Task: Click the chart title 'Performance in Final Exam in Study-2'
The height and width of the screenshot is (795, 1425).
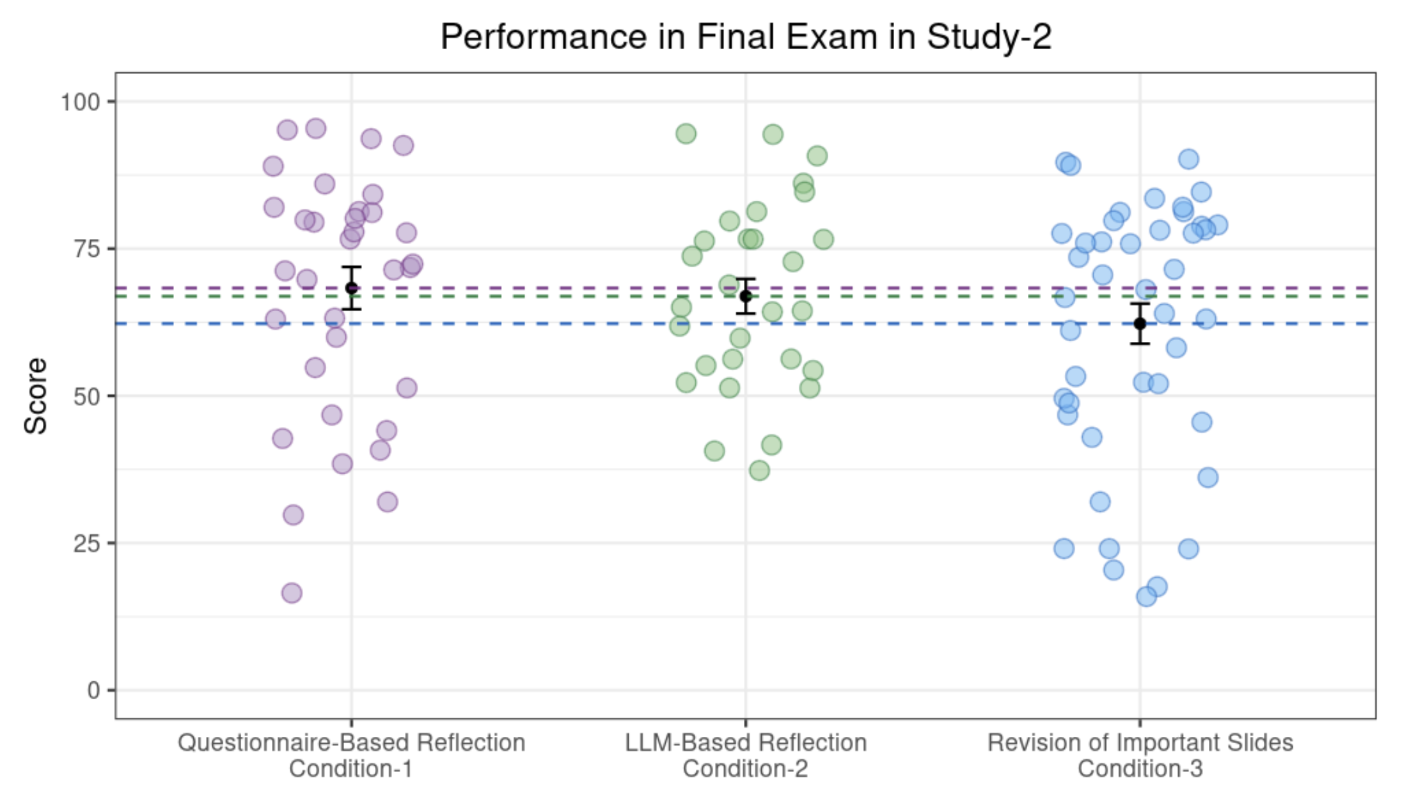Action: tap(746, 36)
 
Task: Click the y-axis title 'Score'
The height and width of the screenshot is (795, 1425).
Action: tap(36, 396)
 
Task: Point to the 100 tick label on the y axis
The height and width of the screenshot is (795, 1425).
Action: tap(80, 102)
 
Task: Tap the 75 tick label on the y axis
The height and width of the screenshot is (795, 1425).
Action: tap(87, 249)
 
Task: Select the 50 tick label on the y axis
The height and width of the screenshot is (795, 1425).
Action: tap(87, 396)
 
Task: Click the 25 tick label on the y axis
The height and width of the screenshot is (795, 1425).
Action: tap(87, 543)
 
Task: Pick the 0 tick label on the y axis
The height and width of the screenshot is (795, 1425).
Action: tap(93, 690)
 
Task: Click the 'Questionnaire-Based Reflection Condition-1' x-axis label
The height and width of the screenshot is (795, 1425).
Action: tap(351, 755)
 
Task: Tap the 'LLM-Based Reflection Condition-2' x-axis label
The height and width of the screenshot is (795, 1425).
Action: tap(745, 755)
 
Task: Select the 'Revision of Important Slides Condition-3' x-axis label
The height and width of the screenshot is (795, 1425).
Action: tap(1140, 755)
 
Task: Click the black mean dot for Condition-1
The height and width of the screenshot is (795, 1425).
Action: tap(351, 288)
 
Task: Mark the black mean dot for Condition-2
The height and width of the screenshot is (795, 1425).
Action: tap(745, 296)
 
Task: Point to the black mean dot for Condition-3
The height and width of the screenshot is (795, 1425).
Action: tap(1140, 323)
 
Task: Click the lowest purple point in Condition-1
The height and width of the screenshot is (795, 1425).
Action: tap(292, 593)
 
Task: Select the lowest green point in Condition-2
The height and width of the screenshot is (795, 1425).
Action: tap(759, 471)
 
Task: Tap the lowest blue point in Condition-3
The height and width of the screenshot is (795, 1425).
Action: tap(1146, 597)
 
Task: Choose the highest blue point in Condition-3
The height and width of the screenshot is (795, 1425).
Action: tap(1188, 159)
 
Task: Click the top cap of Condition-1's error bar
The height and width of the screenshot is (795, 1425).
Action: tap(351, 267)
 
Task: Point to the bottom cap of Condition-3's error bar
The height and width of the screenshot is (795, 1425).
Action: tap(1140, 344)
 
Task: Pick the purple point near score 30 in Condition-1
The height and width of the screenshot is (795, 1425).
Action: tap(293, 514)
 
